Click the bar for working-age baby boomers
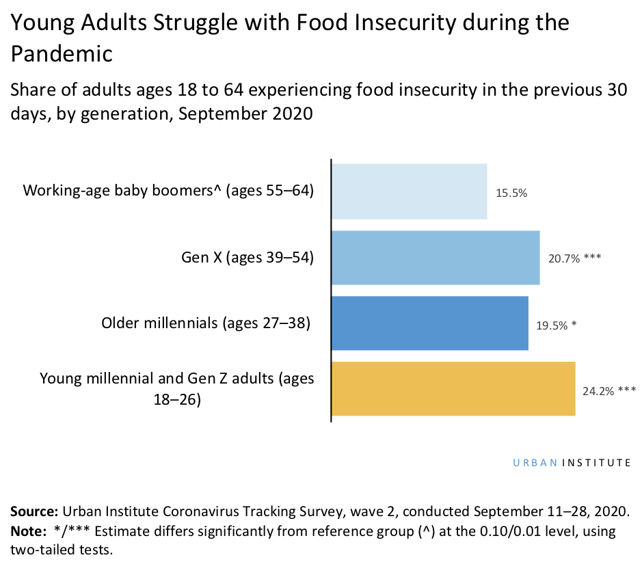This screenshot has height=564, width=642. [x=409, y=191]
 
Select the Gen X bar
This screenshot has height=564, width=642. [x=436, y=257]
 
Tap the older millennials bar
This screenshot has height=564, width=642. [x=429, y=323]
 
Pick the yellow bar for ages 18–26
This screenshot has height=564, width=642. [x=453, y=389]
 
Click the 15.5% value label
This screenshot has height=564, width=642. [x=511, y=193]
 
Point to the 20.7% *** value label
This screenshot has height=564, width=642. [x=574, y=258]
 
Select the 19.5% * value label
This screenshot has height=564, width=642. [x=556, y=325]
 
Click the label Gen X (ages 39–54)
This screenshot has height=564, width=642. [x=247, y=258]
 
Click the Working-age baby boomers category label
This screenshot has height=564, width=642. [x=168, y=191]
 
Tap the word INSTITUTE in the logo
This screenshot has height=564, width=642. [x=596, y=463]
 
